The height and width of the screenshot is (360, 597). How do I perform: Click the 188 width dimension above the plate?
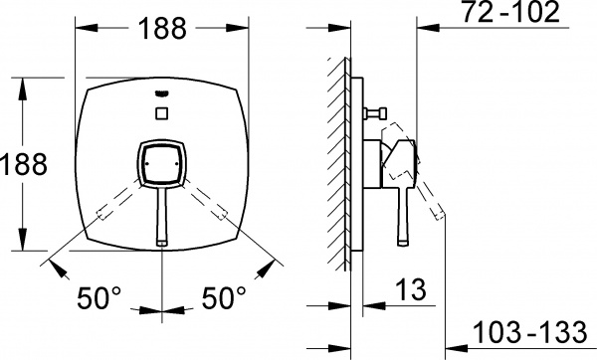tap(163, 30)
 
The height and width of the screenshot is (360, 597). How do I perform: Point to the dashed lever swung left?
tap(118, 200)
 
